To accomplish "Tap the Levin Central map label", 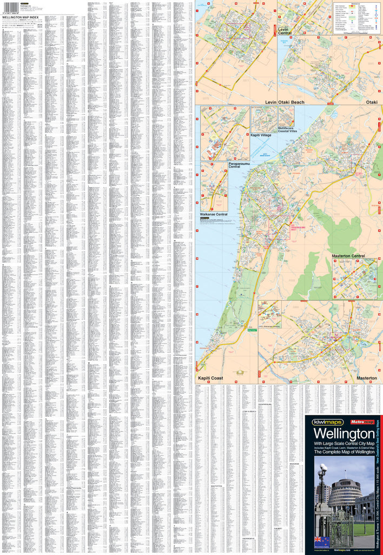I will click(x=285, y=31).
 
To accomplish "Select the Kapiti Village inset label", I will click(x=262, y=135).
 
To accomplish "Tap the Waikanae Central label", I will click(x=214, y=215).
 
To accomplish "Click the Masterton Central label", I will click(x=348, y=256).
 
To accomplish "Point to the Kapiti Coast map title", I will click(x=210, y=377).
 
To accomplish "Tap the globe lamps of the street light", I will click(x=323, y=469).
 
